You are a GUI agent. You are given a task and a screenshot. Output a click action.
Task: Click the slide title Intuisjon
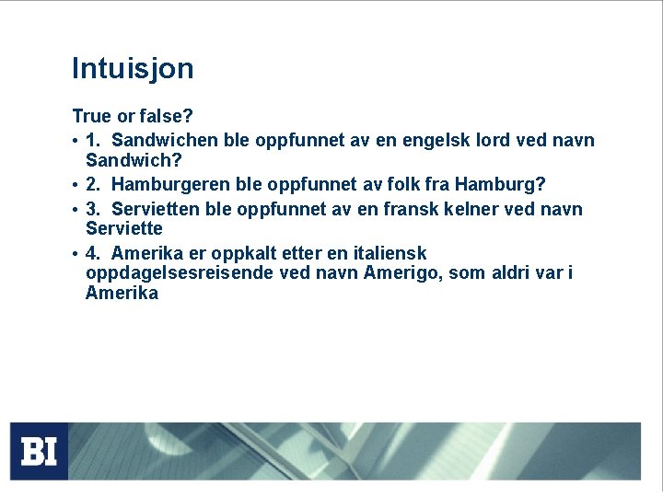(x=133, y=69)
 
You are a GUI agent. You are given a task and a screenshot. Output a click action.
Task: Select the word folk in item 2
(x=397, y=184)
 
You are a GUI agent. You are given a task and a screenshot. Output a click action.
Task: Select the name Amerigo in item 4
(x=402, y=273)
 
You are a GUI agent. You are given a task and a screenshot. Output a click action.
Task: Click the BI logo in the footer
(x=39, y=451)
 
